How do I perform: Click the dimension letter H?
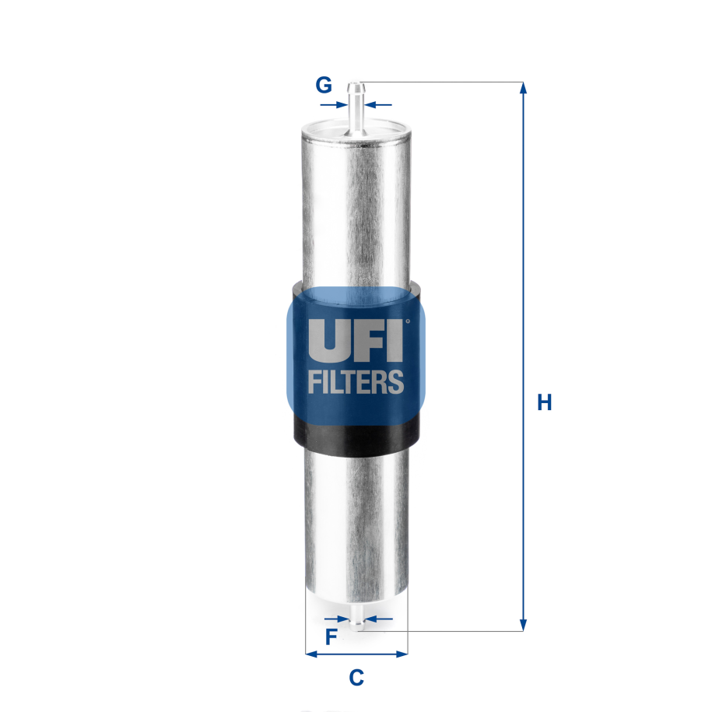tap(545, 403)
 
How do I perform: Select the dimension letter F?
tap(331, 638)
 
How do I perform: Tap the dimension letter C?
tap(356, 678)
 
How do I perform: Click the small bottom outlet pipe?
tap(356, 619)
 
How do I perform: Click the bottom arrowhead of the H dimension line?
tap(523, 624)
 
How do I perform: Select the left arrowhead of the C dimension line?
tap(311, 654)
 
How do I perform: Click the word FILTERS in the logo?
tap(356, 382)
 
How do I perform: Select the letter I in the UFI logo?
tap(395, 340)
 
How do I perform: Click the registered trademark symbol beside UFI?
tap(407, 320)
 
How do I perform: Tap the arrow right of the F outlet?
tap(369, 619)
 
